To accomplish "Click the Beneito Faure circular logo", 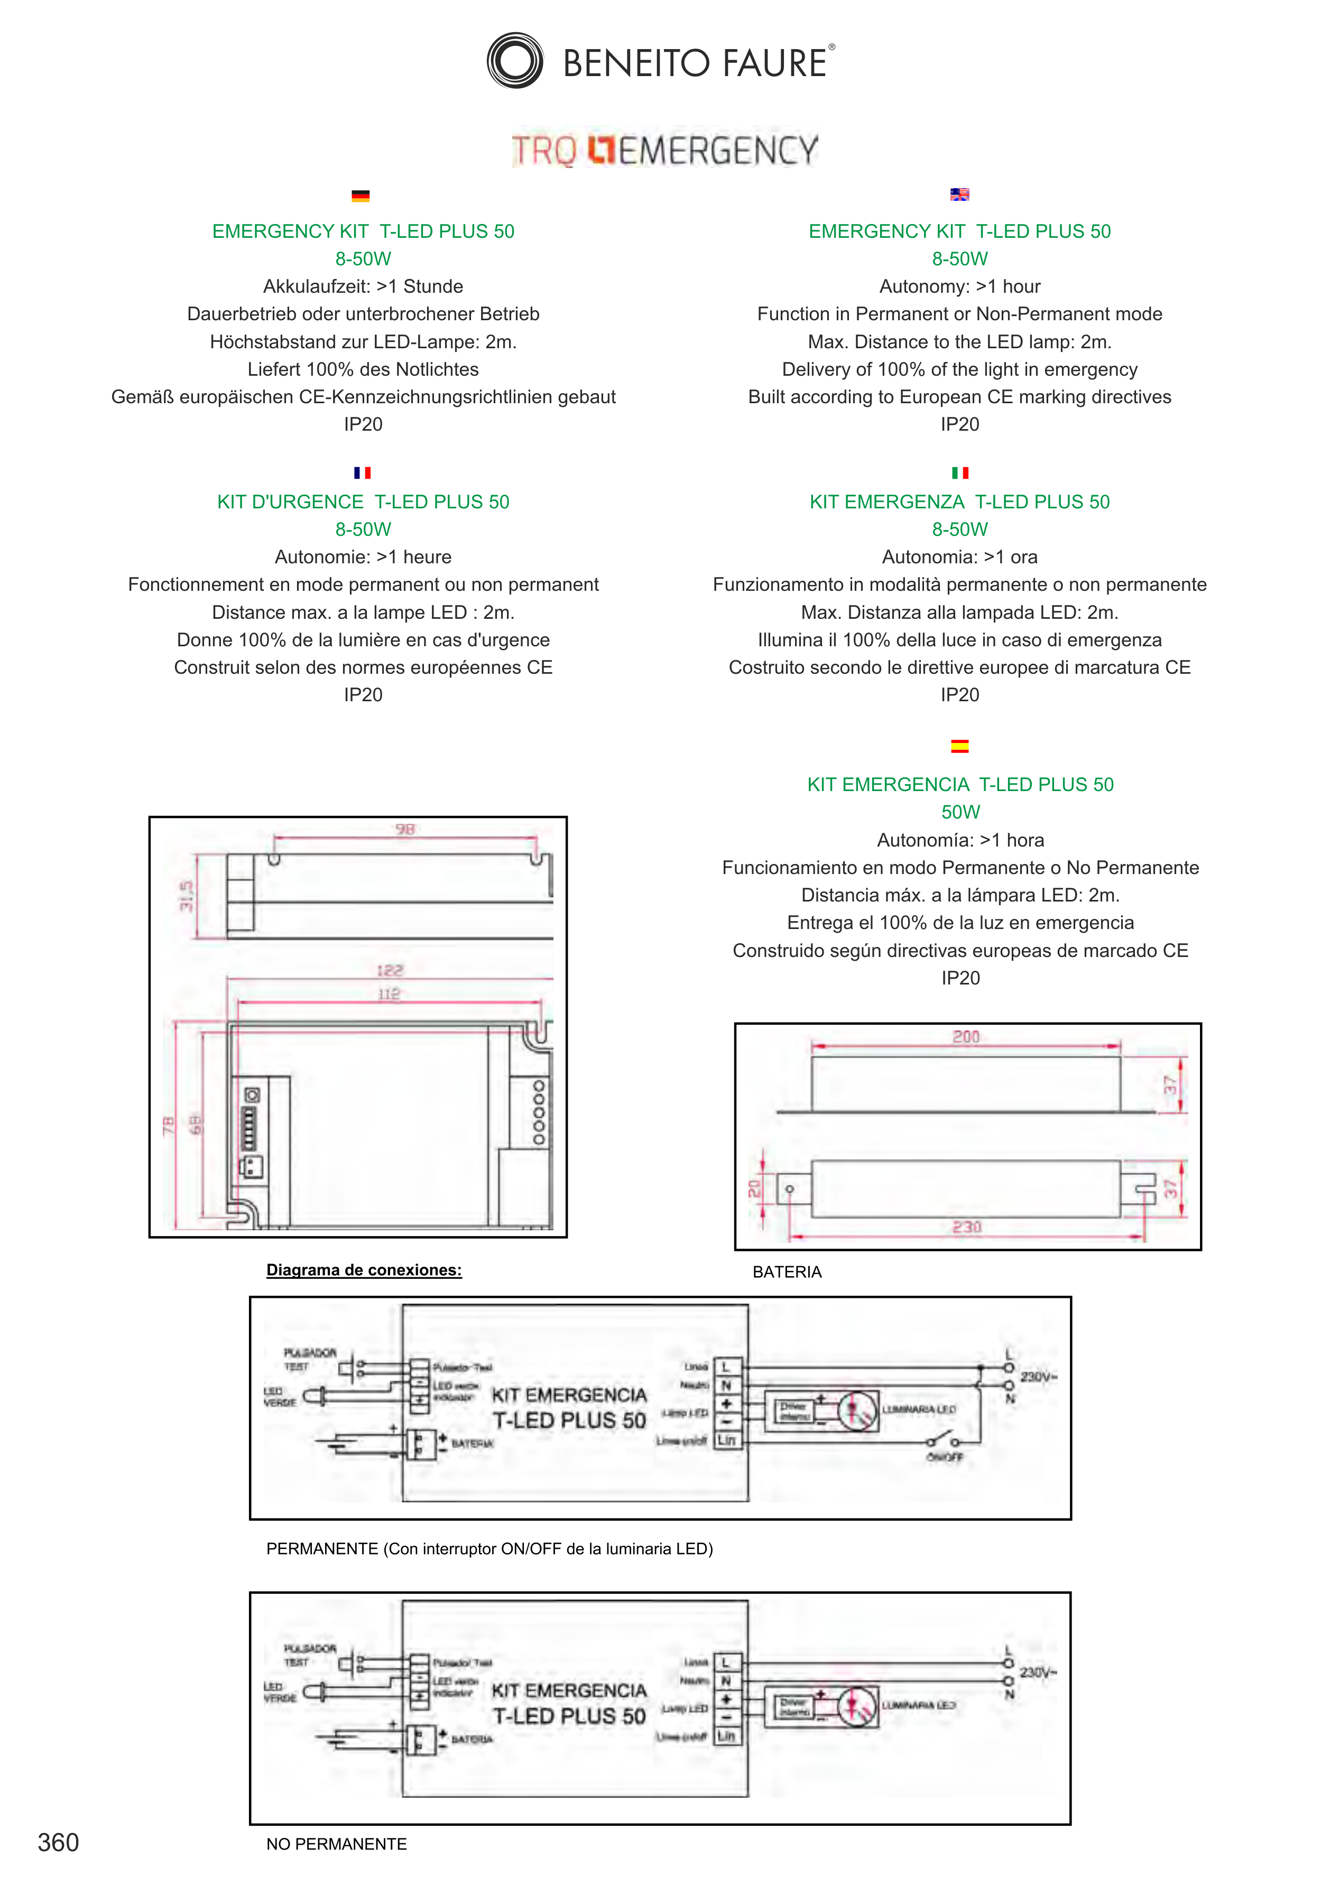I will click(x=514, y=61).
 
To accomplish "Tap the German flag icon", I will click(x=360, y=196).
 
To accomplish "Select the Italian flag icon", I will click(x=959, y=472).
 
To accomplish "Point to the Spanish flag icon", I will click(x=959, y=746).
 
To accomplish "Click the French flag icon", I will click(x=362, y=472).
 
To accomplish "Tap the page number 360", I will click(x=58, y=1843).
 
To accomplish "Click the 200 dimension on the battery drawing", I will click(x=966, y=1037).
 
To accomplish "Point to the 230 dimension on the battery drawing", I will click(x=967, y=1227).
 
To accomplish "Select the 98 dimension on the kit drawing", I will click(x=405, y=829).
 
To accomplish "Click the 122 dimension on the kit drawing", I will click(x=390, y=970).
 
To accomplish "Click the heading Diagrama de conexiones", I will click(x=364, y=1270).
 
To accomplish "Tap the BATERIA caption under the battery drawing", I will click(x=786, y=1271).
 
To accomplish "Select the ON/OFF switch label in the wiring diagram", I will click(x=945, y=1456).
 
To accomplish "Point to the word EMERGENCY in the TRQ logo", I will click(x=718, y=150).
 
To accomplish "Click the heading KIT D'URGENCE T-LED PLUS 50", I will click(x=363, y=502).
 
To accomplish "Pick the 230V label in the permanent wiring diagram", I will click(x=1038, y=1376).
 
